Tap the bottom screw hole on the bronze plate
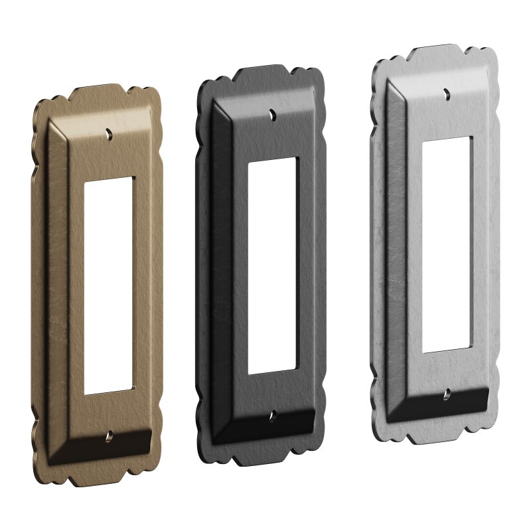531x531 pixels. pyautogui.click(x=109, y=439)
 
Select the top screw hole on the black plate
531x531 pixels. pyautogui.click(x=273, y=114)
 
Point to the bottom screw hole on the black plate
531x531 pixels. pyautogui.click(x=272, y=416)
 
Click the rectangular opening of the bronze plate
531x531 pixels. pyautogui.click(x=109, y=285)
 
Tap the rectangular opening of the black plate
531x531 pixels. pyautogui.click(x=272, y=265)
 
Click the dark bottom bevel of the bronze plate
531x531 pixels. pyautogui.click(x=106, y=451)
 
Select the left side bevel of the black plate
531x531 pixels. pyautogui.click(x=222, y=265)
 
